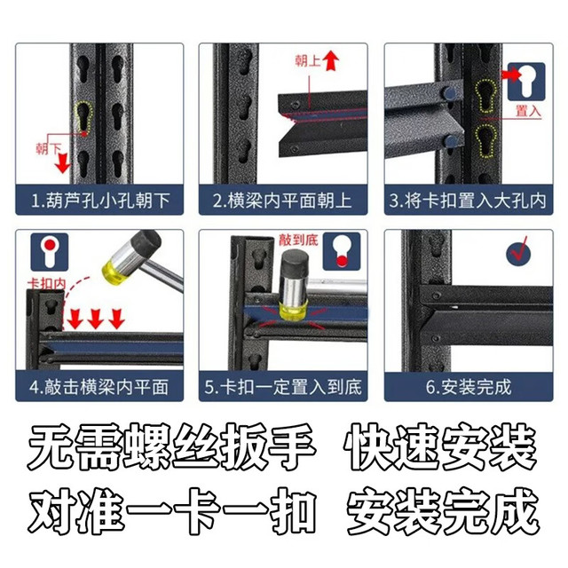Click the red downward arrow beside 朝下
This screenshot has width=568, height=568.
point(63,162)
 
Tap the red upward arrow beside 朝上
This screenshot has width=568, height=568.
point(331,60)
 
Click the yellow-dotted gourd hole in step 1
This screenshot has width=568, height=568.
point(83,116)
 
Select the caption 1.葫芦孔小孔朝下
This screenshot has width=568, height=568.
point(100,201)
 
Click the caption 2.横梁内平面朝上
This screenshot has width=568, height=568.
point(282,201)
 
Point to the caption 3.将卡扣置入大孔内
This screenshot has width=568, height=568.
point(468,201)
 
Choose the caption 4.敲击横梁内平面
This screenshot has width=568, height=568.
point(99,387)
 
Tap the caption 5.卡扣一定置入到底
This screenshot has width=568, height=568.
point(283,387)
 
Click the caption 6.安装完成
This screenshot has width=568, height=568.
point(469,387)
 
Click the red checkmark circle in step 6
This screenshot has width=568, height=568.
point(518,252)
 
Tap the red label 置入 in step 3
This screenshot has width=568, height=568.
point(528,111)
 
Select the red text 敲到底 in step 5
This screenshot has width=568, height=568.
point(298,240)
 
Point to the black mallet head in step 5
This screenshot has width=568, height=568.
point(296,262)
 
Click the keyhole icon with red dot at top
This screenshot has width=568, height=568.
point(50,252)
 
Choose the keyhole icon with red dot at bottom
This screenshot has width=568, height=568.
point(342,251)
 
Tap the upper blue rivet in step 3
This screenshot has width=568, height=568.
point(449,92)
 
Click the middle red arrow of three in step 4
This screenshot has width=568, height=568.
point(96,319)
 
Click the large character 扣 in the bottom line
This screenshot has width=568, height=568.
point(294,511)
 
